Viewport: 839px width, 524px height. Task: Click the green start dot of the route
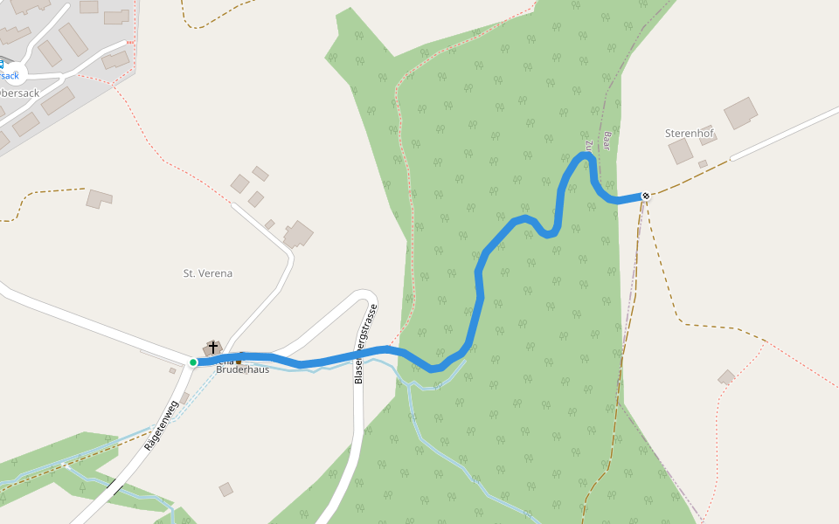193,362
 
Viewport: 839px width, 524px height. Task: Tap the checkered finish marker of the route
645,196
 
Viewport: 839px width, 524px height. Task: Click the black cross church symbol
213,348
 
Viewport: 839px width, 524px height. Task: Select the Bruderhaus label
243,369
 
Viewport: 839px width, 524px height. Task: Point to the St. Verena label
208,273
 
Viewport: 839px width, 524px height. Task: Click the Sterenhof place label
690,133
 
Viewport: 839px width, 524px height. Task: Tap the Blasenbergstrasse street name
365,344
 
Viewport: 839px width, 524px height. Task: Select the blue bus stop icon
1,63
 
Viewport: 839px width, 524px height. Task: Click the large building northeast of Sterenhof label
741,113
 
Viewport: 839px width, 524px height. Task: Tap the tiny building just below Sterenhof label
703,163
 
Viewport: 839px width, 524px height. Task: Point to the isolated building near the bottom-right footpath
726,377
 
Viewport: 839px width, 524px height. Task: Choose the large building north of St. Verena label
298,234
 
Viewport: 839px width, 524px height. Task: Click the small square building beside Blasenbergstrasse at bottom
225,489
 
